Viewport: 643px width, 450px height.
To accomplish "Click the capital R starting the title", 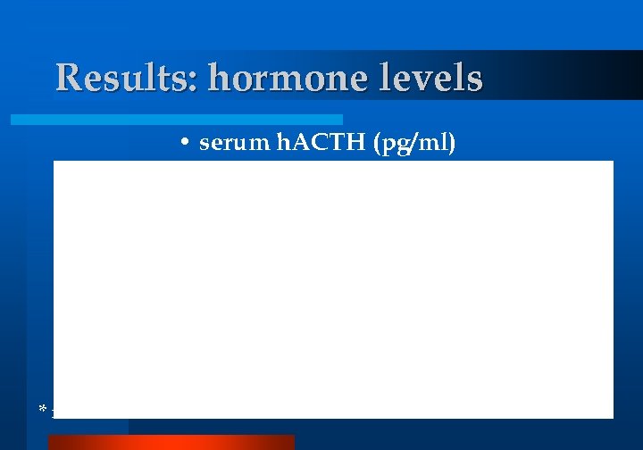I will [67, 78].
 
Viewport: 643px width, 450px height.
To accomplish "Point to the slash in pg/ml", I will [418, 143].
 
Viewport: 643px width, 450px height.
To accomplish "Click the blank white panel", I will [333, 286].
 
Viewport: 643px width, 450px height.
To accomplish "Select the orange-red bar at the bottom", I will [171, 442].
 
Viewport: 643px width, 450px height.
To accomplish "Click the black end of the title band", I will [616, 75].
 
